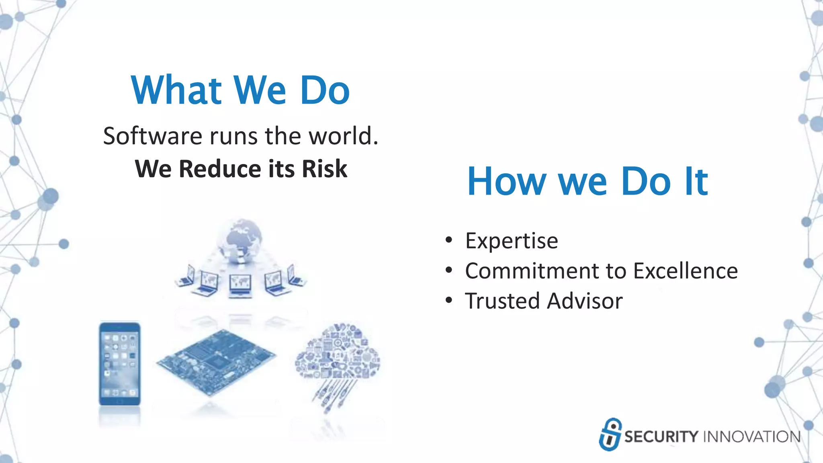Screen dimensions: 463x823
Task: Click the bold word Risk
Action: pyautogui.click(x=324, y=168)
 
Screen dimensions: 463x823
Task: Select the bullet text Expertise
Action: pyautogui.click(x=512, y=241)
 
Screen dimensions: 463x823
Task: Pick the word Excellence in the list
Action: pyautogui.click(x=686, y=271)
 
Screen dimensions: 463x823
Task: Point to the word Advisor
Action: pyautogui.click(x=585, y=301)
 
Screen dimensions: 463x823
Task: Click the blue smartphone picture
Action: pyautogui.click(x=120, y=363)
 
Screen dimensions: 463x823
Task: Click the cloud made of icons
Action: pyautogui.click(x=338, y=354)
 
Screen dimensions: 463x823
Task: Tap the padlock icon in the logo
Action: pyautogui.click(x=610, y=434)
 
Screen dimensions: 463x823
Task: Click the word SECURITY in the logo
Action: pyautogui.click(x=661, y=436)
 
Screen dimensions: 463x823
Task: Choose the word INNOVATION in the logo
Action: pyautogui.click(x=752, y=436)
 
